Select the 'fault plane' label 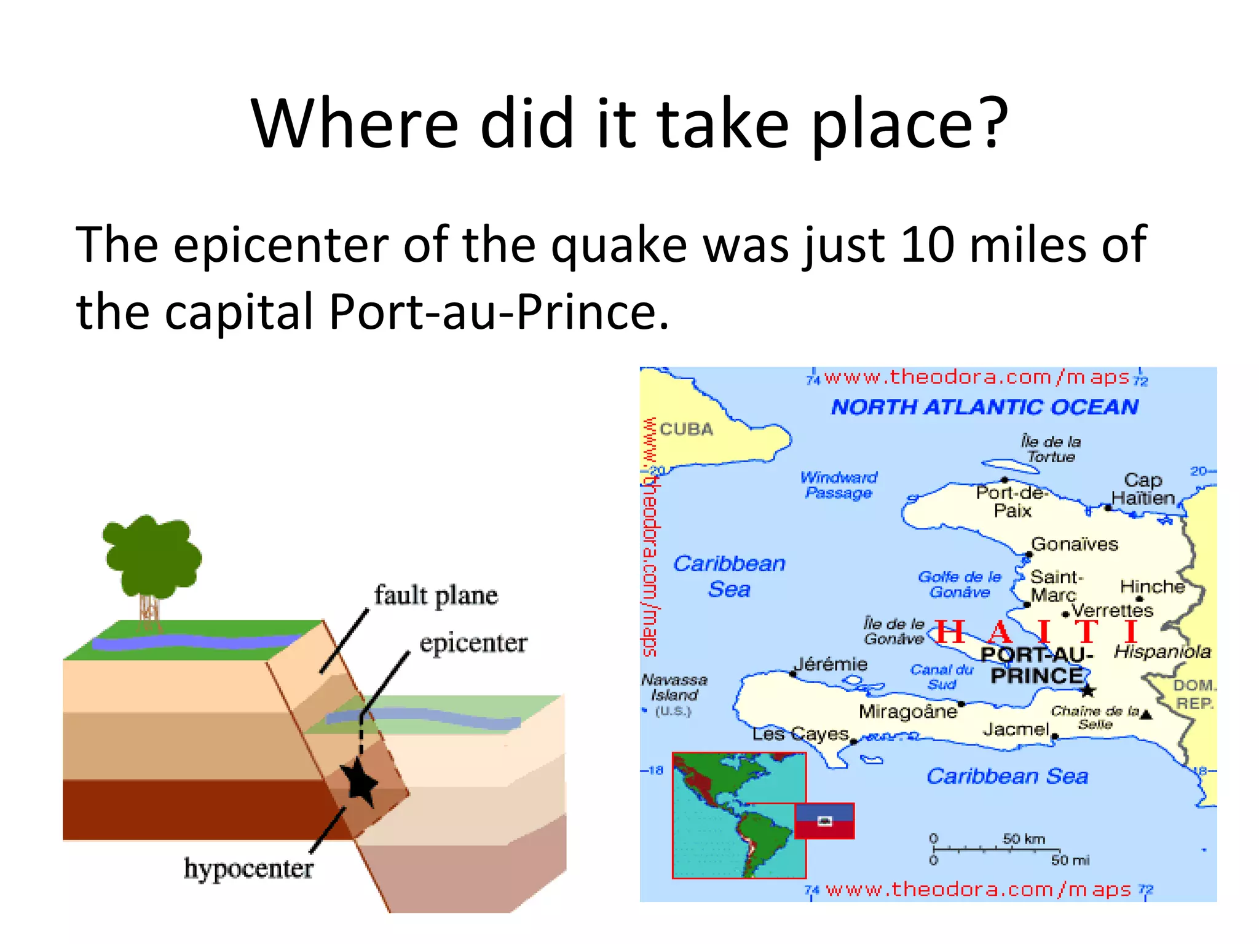point(436,596)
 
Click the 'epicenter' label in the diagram point(473,643)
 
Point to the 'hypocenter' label point(248,868)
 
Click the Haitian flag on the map point(824,821)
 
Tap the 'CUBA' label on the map point(686,429)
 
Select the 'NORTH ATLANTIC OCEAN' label point(984,407)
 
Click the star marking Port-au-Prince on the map point(1088,691)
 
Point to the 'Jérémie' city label point(831,664)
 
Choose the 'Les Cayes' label point(800,734)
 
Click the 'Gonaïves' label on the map point(1074,544)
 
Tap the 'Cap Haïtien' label point(1143,489)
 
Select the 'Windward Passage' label point(839,485)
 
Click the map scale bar point(996,849)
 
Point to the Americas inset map point(738,816)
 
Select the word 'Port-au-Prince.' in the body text point(499,312)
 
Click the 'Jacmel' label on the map point(1016,730)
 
